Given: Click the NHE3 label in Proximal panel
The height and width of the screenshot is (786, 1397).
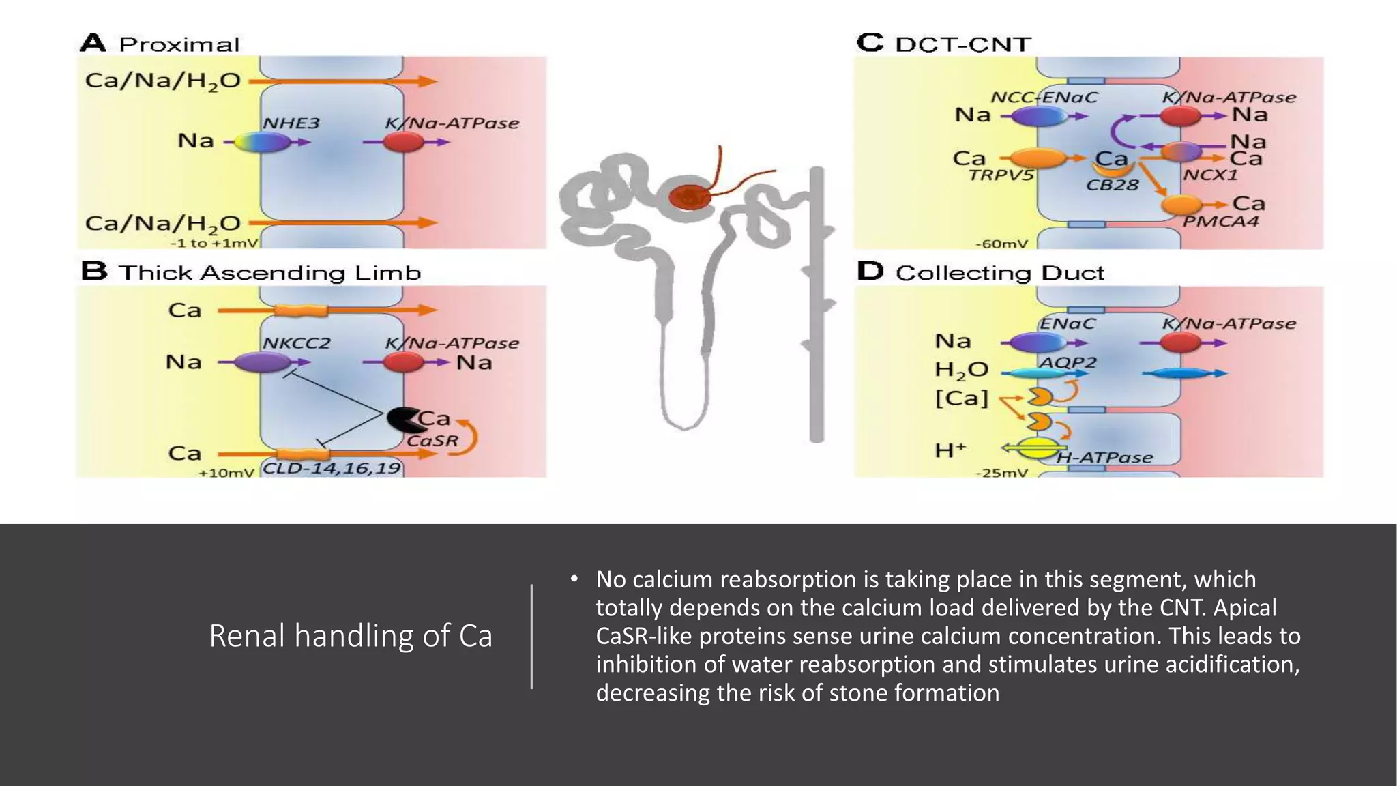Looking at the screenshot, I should tap(291, 123).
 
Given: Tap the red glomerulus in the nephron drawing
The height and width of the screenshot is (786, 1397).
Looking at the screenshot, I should tap(690, 197).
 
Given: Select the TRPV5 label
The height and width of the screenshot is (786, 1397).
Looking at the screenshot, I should tap(1001, 175).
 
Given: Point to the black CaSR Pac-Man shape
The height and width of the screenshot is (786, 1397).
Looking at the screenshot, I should tap(402, 420).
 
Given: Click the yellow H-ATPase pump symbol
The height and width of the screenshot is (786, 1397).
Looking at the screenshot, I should tap(1037, 448).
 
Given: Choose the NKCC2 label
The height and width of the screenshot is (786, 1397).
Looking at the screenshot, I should tap(296, 343).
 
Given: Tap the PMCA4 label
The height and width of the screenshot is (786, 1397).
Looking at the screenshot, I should tap(1220, 222).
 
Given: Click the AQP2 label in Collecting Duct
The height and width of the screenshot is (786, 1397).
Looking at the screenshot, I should tap(1067, 362).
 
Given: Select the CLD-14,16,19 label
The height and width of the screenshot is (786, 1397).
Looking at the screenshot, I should tap(332, 469).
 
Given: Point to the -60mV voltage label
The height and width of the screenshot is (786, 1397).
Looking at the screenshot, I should tap(1001, 244).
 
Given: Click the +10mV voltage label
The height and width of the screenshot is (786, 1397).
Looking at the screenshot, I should tap(226, 472).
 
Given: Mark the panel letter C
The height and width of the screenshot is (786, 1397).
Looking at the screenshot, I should tap(870, 43).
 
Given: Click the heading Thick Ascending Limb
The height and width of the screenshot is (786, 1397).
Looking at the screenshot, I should tap(269, 273).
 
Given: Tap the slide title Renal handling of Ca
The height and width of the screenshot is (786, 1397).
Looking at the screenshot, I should tap(350, 636).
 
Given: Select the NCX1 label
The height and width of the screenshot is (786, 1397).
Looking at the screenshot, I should tap(1210, 175).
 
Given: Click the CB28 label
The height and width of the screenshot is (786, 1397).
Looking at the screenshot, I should tap(1112, 185).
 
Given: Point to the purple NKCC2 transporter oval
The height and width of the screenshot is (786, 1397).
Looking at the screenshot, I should tap(263, 362).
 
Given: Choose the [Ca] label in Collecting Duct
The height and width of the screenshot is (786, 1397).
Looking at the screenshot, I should tap(961, 398).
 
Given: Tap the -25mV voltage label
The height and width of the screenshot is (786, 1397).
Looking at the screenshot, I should tap(1001, 472).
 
